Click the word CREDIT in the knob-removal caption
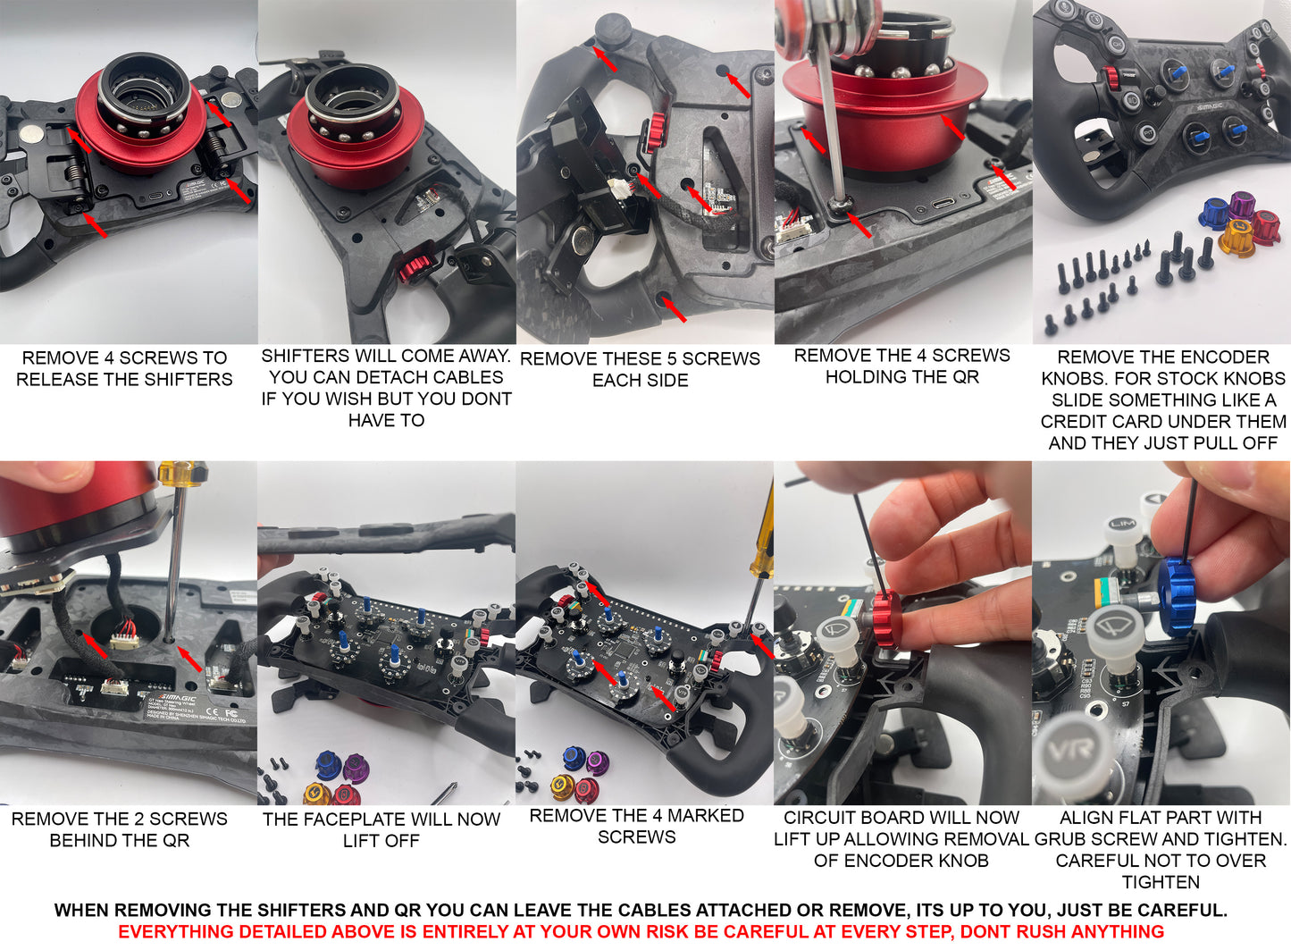pyautogui.click(x=1071, y=422)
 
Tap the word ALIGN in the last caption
pyautogui.click(x=1084, y=818)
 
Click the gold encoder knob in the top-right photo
pyautogui.click(x=1237, y=237)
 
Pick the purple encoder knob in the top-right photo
pyautogui.click(x=1242, y=205)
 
